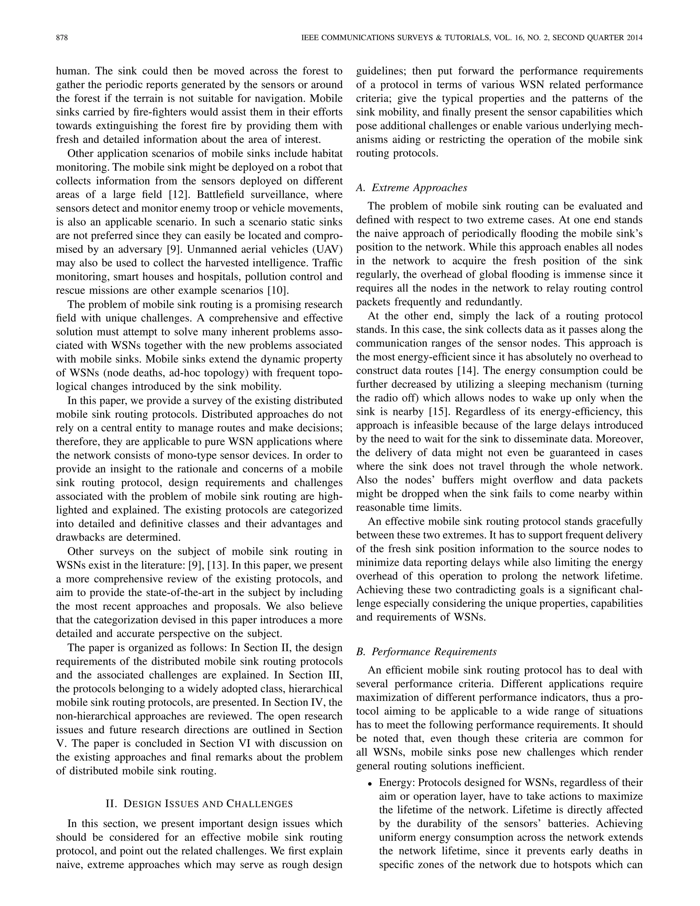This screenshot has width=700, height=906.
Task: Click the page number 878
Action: (x=62, y=38)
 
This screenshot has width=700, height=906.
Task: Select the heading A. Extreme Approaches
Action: (x=412, y=188)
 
